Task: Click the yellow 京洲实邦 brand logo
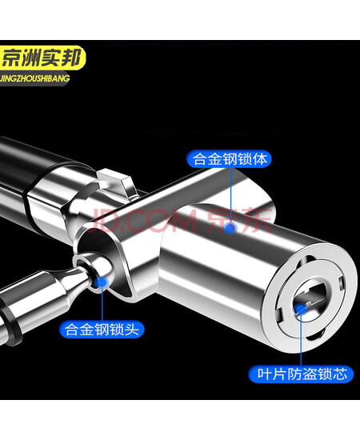coord(42,58)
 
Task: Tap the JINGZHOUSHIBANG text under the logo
coord(34,78)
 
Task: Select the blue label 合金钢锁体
coord(229,159)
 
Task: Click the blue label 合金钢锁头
coord(102,329)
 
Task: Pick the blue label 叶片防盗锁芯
coord(301,374)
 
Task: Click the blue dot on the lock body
coord(230,227)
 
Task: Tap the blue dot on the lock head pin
coord(102,282)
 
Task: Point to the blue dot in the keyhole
coord(300,310)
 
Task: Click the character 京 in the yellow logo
coord(11,58)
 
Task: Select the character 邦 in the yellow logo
coord(70,58)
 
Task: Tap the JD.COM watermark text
coord(144,220)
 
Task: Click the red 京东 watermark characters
coord(240,220)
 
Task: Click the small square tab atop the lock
coord(116,183)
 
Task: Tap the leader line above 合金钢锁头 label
coord(102,304)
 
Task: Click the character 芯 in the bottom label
coord(339,374)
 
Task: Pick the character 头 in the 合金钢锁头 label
coord(131,329)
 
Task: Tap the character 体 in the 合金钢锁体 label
coord(259,159)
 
